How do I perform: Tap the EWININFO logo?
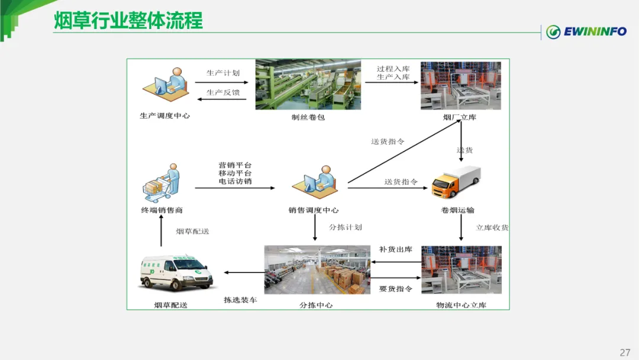585,31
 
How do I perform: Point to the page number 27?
625,352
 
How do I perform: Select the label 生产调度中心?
165,116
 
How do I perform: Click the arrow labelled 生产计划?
222,82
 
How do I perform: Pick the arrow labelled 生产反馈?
222,99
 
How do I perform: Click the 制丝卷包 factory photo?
308,85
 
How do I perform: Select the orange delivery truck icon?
456,182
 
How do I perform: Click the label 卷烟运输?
457,210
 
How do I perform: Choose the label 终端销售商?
162,210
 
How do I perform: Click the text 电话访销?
235,181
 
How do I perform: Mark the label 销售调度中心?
314,210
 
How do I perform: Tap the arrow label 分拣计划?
346,227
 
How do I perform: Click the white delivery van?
177,273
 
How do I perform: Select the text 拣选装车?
240,300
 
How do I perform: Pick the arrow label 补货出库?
396,249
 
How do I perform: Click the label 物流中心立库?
461,306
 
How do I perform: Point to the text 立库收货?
492,227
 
